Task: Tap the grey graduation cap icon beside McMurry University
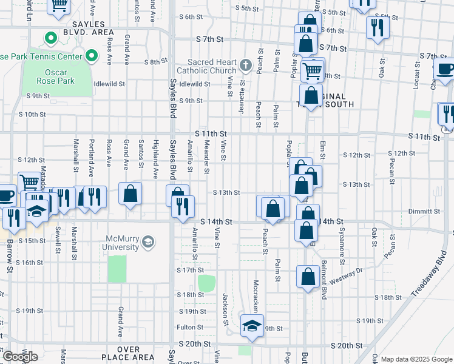point(147,243)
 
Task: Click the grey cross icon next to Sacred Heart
point(246,64)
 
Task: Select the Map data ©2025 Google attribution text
point(417,359)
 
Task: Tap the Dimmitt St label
point(424,212)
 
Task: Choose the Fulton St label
point(189,328)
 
